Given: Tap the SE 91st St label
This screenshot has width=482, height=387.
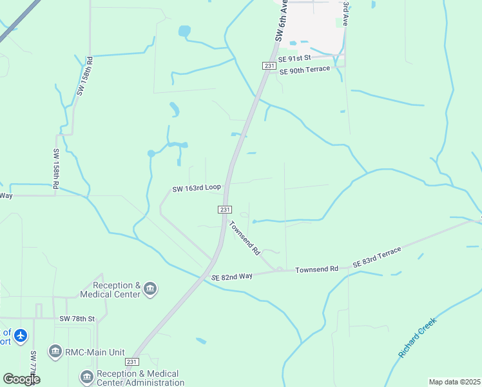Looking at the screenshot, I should click(x=294, y=59).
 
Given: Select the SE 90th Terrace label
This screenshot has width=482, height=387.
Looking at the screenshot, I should click(x=305, y=70).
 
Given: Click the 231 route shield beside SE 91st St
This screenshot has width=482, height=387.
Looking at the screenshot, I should click(x=269, y=66).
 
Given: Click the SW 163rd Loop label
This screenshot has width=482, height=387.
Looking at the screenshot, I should click(x=197, y=188).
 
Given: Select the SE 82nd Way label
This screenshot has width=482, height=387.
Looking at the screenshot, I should click(x=232, y=276).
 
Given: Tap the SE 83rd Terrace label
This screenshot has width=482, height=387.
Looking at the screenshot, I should click(x=377, y=257).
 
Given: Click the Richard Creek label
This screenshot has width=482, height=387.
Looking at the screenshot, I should click(x=417, y=338).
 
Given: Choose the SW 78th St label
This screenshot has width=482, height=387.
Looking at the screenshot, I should click(x=77, y=319).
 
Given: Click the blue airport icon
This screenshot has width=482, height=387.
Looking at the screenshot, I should click(x=21, y=335).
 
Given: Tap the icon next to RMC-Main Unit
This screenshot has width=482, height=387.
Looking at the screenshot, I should click(x=55, y=352).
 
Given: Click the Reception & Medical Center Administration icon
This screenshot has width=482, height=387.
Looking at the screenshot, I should click(x=86, y=377).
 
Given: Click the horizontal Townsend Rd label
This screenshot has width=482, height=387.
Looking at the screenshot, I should click(x=317, y=268).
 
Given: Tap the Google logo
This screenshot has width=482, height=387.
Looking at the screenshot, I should click(x=21, y=379).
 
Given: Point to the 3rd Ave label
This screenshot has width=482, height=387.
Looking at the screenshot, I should click(x=346, y=13).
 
